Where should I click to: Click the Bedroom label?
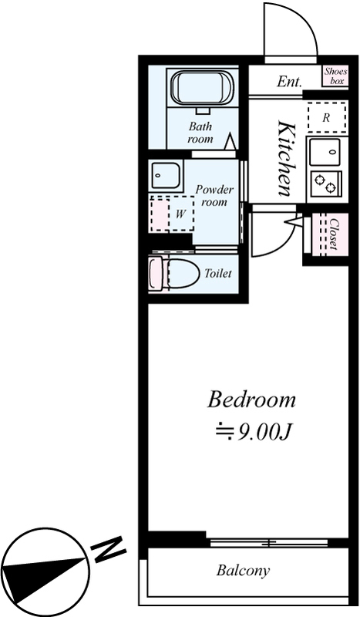tap(251, 400)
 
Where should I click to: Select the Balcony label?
tap(243, 570)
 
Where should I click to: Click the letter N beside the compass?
tap(108, 548)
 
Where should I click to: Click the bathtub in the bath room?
tap(202, 88)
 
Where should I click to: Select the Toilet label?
tap(218, 273)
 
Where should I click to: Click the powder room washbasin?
tap(166, 176)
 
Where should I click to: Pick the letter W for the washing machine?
tap(180, 214)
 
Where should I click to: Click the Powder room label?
tap(214, 196)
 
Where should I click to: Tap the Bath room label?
tap(200, 133)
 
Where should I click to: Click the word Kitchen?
tap(286, 159)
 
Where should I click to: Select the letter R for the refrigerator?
tap(326, 117)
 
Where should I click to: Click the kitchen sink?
tap(325, 152)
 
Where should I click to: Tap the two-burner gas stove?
tap(326, 184)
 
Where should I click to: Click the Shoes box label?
tap(336, 76)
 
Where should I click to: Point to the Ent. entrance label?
tap(290, 82)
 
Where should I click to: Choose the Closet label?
tap(334, 234)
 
